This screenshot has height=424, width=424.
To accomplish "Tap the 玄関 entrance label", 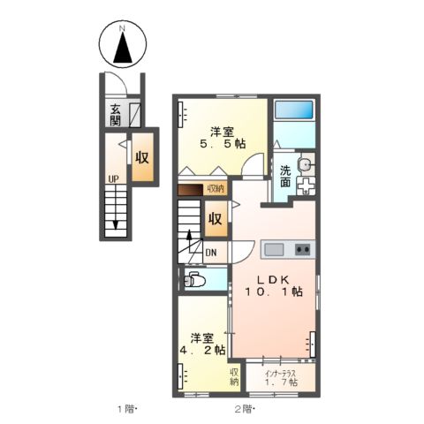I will point(116,115).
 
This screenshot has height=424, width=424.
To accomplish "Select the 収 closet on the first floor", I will point(142,156).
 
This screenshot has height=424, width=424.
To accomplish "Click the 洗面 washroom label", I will point(286,175).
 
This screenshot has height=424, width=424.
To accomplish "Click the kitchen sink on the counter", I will point(272,248).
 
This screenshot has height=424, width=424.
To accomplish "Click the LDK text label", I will point(273,275).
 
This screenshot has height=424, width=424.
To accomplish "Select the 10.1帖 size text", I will point(275,291).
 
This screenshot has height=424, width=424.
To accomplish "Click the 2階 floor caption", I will point(244,408).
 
